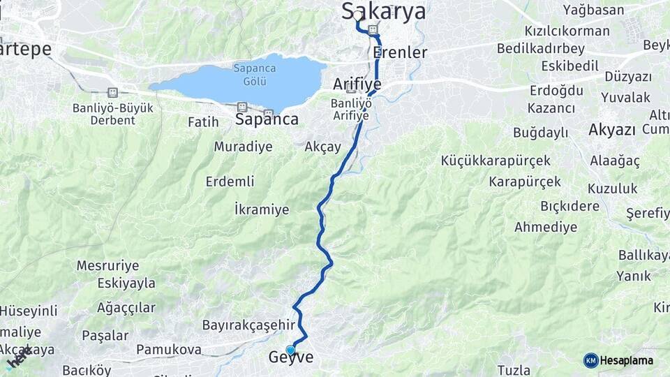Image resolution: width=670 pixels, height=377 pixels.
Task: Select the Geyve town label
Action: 290,357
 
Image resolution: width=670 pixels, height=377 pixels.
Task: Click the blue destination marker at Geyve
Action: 290,350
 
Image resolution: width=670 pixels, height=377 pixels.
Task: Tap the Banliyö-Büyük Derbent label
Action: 113,114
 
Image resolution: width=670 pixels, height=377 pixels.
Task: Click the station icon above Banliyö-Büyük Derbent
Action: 112,92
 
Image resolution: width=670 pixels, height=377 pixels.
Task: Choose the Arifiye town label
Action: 357,84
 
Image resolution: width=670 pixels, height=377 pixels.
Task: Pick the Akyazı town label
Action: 612,130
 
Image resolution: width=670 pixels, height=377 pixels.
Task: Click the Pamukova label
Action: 169,349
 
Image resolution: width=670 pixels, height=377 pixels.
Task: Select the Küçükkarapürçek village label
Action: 496,161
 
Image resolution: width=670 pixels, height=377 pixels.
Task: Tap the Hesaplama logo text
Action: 627,360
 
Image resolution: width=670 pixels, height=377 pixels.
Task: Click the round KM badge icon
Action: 590,360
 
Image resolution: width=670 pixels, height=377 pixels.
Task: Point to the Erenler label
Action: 400,52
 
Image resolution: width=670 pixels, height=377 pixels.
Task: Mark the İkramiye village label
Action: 262,209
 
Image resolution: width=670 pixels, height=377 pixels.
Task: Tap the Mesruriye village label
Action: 107,266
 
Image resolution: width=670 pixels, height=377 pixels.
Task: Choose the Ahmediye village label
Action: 546,227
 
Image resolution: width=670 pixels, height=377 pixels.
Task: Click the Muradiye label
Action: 243,147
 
